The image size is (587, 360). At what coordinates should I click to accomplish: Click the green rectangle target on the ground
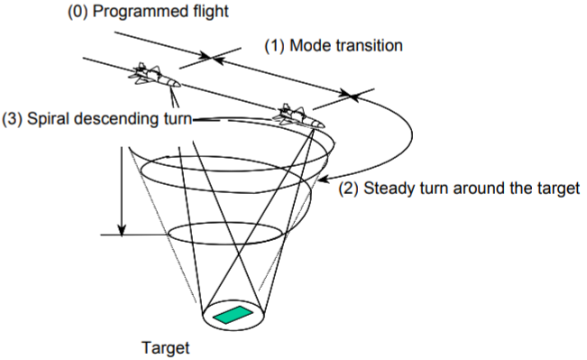click(233, 315)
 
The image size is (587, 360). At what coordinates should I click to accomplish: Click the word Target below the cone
click(166, 348)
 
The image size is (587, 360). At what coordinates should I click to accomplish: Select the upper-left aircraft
click(154, 76)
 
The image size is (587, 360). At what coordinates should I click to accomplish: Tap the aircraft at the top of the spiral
click(298, 116)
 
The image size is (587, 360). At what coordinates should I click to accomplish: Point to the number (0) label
click(78, 12)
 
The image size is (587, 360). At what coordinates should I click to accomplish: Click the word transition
click(370, 46)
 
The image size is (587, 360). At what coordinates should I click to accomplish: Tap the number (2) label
click(349, 188)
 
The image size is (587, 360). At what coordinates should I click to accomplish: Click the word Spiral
click(48, 119)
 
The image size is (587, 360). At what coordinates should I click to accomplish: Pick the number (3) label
click(12, 119)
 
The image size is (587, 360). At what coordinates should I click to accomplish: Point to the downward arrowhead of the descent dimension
click(122, 230)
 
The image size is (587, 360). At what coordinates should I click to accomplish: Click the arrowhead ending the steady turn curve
click(325, 179)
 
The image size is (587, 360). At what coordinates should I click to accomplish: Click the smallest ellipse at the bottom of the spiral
click(225, 234)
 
